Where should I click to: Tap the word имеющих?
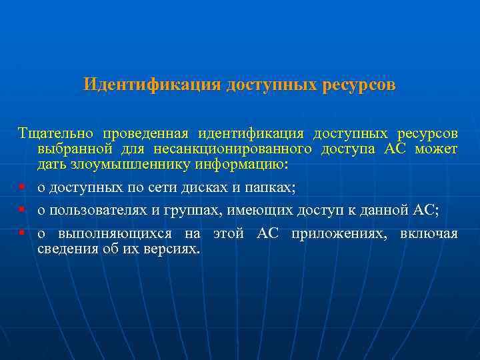[x=255, y=210]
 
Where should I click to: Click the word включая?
[x=429, y=234]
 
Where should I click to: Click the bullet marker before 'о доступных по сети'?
[x=23, y=188]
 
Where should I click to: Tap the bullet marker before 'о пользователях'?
[x=23, y=210]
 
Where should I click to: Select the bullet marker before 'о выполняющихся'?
[x=23, y=234]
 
